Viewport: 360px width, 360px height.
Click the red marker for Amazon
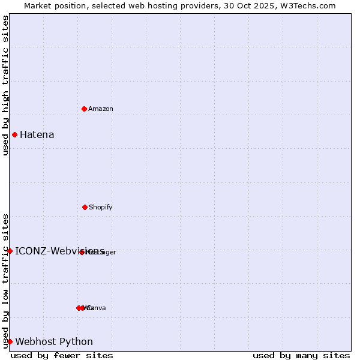[84, 109]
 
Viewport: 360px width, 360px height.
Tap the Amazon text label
[101, 109]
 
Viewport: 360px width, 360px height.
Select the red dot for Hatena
[14, 134]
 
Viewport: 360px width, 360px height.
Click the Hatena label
[37, 134]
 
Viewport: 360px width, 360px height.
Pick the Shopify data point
[85, 207]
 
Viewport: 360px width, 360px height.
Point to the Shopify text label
[101, 207]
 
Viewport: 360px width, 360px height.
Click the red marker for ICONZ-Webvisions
[10, 251]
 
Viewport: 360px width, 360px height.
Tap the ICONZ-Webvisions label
[59, 251]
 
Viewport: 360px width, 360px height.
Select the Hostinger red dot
[82, 252]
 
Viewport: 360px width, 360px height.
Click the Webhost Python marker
[10, 341]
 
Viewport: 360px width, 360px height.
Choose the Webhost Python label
[54, 341]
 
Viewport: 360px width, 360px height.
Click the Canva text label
[97, 308]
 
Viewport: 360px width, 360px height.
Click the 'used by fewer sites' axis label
[62, 355]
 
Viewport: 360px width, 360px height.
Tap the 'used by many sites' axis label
[301, 355]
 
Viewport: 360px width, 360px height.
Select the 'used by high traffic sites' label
[5, 85]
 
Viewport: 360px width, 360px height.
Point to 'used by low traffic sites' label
[5, 280]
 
